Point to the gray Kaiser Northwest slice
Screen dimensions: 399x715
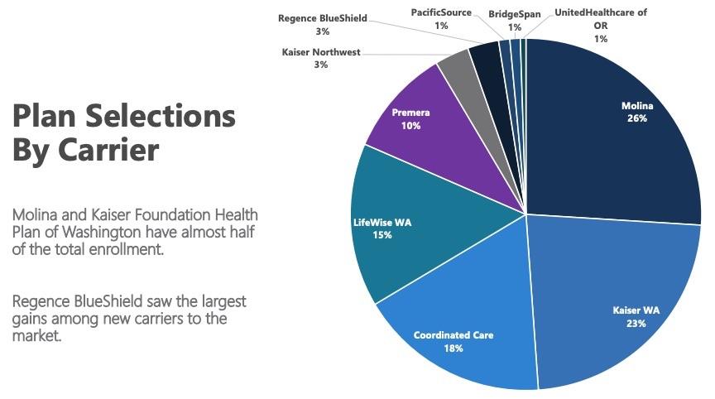(453, 73)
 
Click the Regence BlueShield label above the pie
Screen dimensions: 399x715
(323, 17)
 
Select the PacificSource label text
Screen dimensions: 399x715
(441, 12)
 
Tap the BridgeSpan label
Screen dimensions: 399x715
(515, 14)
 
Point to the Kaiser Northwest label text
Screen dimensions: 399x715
(321, 51)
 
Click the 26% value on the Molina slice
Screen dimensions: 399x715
(636, 118)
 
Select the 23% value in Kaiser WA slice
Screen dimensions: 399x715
(636, 324)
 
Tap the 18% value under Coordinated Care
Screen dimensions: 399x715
(453, 349)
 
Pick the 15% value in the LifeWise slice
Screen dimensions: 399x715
(382, 235)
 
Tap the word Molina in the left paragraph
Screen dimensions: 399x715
(36, 215)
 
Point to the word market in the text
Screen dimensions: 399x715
(36, 336)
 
